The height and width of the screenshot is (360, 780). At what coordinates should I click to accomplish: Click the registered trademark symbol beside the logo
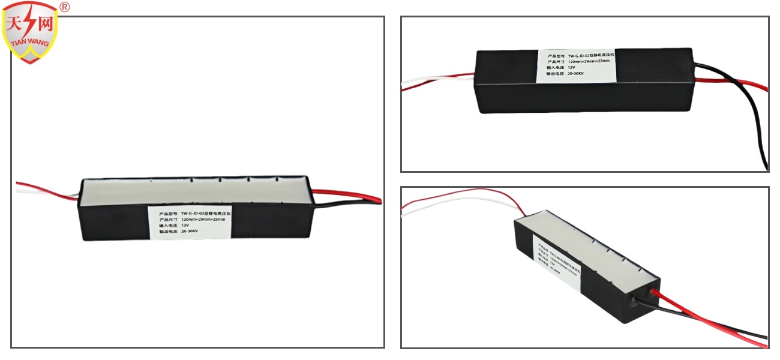tap(65, 7)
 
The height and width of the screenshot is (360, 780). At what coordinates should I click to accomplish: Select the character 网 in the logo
tap(45, 25)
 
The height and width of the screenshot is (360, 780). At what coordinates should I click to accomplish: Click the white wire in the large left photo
tap(48, 193)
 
